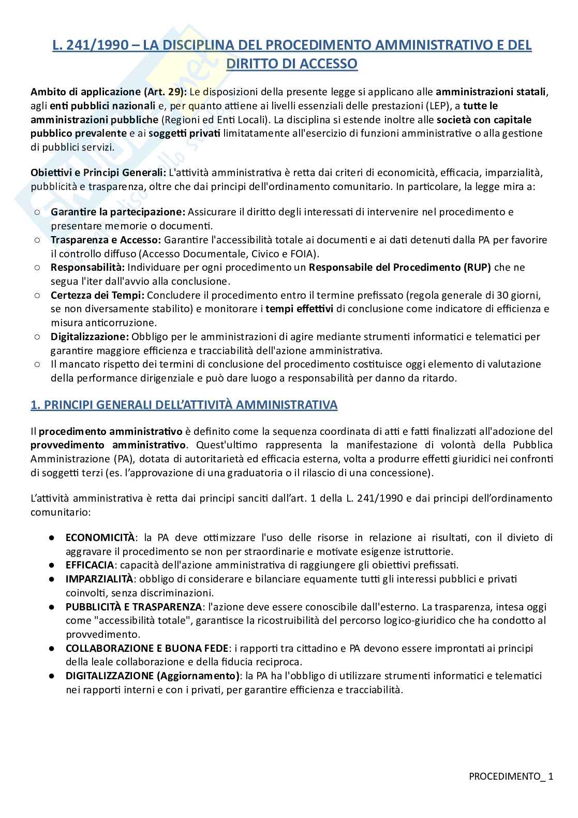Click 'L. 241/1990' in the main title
[x=90, y=46]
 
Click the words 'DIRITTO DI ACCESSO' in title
[x=292, y=64]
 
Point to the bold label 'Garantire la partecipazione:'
[x=118, y=212]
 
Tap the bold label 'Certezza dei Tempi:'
[x=98, y=295]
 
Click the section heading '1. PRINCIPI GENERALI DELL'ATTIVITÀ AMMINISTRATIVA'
[x=184, y=405]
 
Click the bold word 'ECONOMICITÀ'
[x=100, y=537]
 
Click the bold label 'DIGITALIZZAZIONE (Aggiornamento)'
[x=153, y=676]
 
